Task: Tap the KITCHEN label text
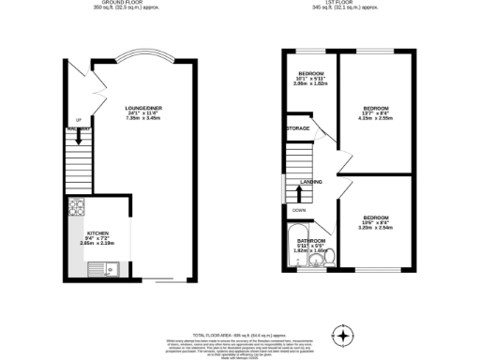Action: pyautogui.click(x=98, y=232)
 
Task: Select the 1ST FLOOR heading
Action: pyautogui.click(x=349, y=4)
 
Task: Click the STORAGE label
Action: pyautogui.click(x=298, y=129)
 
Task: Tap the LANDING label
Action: pyautogui.click(x=311, y=183)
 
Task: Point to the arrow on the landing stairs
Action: pyautogui.click(x=298, y=193)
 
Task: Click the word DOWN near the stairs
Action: pyautogui.click(x=298, y=210)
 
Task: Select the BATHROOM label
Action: pyautogui.click(x=302, y=240)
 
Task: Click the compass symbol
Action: pyautogui.click(x=347, y=335)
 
